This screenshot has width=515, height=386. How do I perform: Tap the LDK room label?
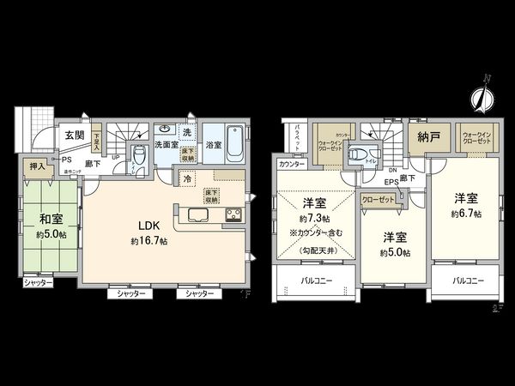coord(141,227)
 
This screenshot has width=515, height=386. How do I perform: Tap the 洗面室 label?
coord(167,145)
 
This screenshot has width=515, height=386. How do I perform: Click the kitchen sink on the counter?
coord(193,214)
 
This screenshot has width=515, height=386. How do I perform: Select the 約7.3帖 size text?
coord(313,219)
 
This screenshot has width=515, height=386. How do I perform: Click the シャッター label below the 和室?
coord(38,282)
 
